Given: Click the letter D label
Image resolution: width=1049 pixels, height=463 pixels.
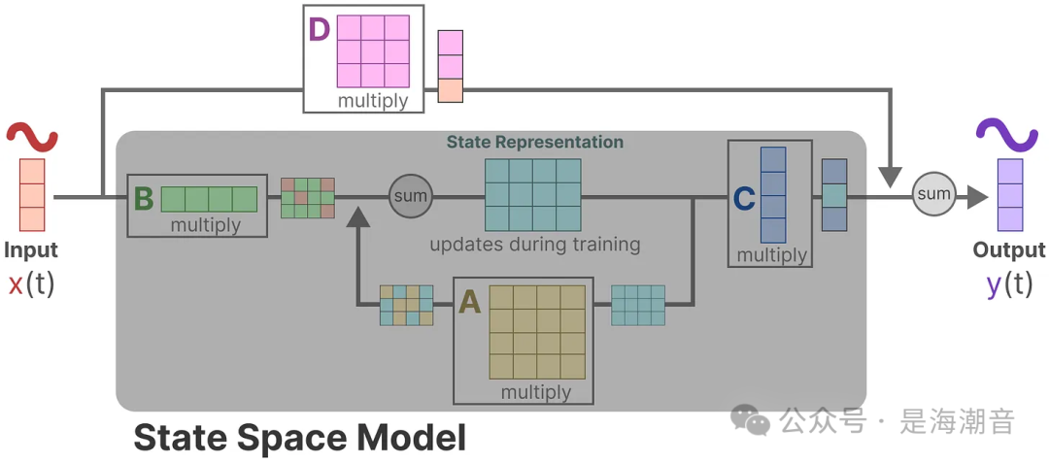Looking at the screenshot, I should [x=320, y=30].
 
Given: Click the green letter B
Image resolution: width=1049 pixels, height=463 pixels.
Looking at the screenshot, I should [x=144, y=199].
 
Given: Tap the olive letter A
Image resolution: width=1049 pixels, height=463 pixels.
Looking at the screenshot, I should [x=470, y=303].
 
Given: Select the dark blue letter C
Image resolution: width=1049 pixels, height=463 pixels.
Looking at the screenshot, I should [x=744, y=199].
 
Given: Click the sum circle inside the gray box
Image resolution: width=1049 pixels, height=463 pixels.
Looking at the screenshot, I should [x=410, y=197].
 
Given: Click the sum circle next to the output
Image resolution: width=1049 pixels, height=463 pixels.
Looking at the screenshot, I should [x=934, y=194].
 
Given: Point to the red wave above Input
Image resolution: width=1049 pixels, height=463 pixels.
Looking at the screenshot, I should [x=32, y=136].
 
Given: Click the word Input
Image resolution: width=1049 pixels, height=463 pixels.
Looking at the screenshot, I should [x=31, y=250].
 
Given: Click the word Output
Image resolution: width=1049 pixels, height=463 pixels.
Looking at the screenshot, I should [x=1009, y=250].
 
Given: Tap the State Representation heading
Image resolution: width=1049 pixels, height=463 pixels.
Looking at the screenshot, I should [x=535, y=142].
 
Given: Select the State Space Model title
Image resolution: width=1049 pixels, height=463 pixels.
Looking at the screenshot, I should [x=299, y=438].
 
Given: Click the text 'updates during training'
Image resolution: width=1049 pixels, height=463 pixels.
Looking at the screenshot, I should [x=535, y=244].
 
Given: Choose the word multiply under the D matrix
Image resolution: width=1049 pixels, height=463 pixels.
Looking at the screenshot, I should [x=373, y=100].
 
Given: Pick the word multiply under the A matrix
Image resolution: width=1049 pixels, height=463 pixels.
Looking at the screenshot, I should [x=536, y=392].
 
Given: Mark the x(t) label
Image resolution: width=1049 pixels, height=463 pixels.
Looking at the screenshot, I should [x=31, y=285].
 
